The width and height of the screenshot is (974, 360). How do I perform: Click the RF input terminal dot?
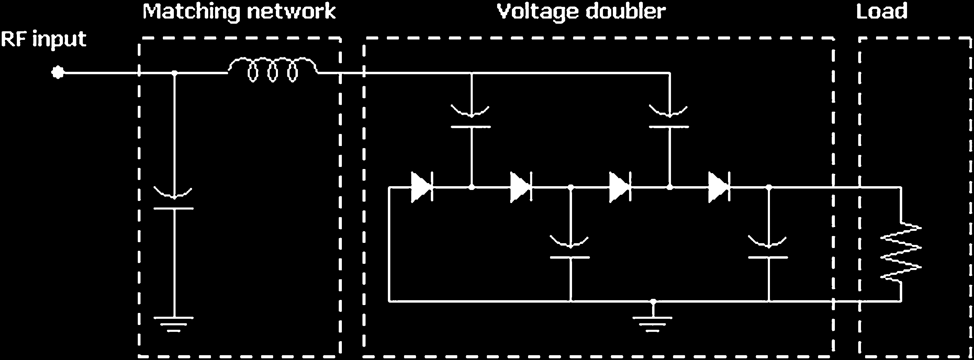tap(58, 72)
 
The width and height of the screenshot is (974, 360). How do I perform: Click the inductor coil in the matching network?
tap(272, 68)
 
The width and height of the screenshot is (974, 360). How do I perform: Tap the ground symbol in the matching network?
tap(174, 323)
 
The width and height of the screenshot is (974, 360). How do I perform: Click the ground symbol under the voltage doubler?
tap(653, 323)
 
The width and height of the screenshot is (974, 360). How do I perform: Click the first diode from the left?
tap(422, 187)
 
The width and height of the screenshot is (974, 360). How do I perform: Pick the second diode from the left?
tap(521, 187)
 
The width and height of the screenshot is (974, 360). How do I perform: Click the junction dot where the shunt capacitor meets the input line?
tap(174, 73)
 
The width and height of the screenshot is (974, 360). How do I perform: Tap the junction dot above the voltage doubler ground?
tap(653, 301)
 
